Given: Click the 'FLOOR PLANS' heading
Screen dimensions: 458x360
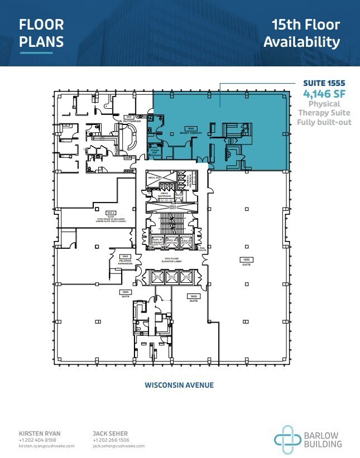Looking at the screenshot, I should [x=42, y=33].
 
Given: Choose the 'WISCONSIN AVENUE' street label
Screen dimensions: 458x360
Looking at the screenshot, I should [x=179, y=385].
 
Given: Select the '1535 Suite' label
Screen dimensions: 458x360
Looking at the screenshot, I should [x=246, y=262].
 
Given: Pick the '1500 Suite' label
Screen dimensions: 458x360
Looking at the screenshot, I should [x=125, y=294].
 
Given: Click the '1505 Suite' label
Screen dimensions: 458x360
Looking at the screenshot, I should [x=193, y=298].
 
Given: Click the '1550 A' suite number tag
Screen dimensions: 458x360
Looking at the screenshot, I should [x=111, y=213].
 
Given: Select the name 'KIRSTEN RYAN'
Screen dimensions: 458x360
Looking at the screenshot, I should [x=40, y=432].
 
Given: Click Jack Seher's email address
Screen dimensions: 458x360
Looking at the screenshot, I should [x=118, y=446].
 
